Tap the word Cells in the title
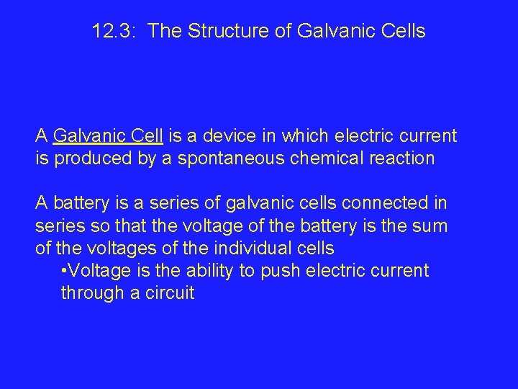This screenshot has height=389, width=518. (x=402, y=32)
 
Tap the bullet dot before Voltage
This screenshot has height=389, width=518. (x=65, y=271)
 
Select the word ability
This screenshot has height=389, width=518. (x=212, y=271)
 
